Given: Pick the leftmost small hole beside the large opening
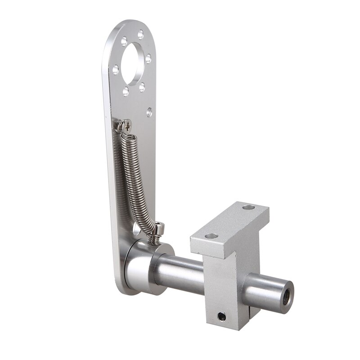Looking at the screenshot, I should click(x=116, y=69).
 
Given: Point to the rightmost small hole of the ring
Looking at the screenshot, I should click(x=148, y=58).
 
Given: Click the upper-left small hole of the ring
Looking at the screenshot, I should click(x=124, y=41).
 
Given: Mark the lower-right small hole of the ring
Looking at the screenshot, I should click(x=142, y=86).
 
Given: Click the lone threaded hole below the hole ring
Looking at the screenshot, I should click(x=149, y=112).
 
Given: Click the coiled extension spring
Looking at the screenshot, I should click(x=135, y=180).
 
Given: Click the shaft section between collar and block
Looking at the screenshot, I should click(x=180, y=272).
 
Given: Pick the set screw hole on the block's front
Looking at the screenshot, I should click(x=221, y=317).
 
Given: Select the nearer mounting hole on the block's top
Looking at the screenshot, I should click(x=211, y=236).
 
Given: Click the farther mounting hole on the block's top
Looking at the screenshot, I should click(x=248, y=207).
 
